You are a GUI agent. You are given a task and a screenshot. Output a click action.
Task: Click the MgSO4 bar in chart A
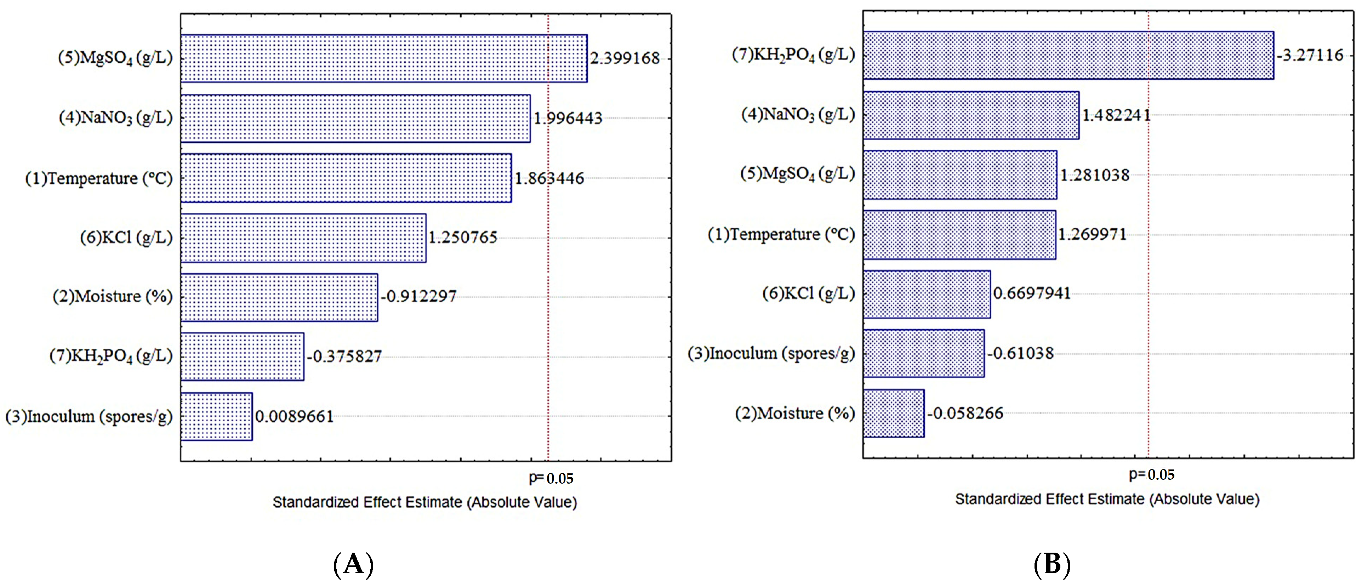pyautogui.click(x=383, y=58)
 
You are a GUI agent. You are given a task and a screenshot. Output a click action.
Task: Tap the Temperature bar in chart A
pyautogui.click(x=346, y=178)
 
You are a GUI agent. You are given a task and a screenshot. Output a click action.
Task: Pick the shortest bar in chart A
pyautogui.click(x=216, y=416)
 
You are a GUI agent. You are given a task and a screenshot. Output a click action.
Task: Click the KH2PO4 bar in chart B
pyautogui.click(x=1068, y=55)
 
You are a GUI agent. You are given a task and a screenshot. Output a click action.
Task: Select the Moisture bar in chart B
pyautogui.click(x=894, y=413)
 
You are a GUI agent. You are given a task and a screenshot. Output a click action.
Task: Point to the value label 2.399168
pyautogui.click(x=625, y=58)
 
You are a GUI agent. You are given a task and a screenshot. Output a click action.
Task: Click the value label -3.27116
pyautogui.click(x=1310, y=55)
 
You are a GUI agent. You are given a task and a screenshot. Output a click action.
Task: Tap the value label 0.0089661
pyautogui.click(x=294, y=417)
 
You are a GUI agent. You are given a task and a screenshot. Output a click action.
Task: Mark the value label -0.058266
pyautogui.click(x=965, y=413)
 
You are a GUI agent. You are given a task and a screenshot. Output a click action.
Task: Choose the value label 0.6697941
pyautogui.click(x=1032, y=293)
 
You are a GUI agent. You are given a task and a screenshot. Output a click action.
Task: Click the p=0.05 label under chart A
pyautogui.click(x=551, y=478)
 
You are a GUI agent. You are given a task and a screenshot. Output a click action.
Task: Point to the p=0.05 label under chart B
pyautogui.click(x=1152, y=474)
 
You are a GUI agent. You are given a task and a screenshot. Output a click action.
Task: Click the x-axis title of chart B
pyautogui.click(x=1107, y=499)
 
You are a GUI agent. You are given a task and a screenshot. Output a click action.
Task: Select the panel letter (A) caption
pyautogui.click(x=354, y=564)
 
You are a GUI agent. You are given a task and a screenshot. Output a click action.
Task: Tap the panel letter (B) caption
pyautogui.click(x=1052, y=564)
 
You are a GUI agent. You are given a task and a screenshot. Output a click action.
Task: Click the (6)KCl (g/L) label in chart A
pyautogui.click(x=126, y=238)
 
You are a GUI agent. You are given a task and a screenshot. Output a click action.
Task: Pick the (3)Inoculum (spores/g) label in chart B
pyautogui.click(x=771, y=353)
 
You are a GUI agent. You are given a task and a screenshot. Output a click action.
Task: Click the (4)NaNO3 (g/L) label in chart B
pyautogui.click(x=798, y=115)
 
